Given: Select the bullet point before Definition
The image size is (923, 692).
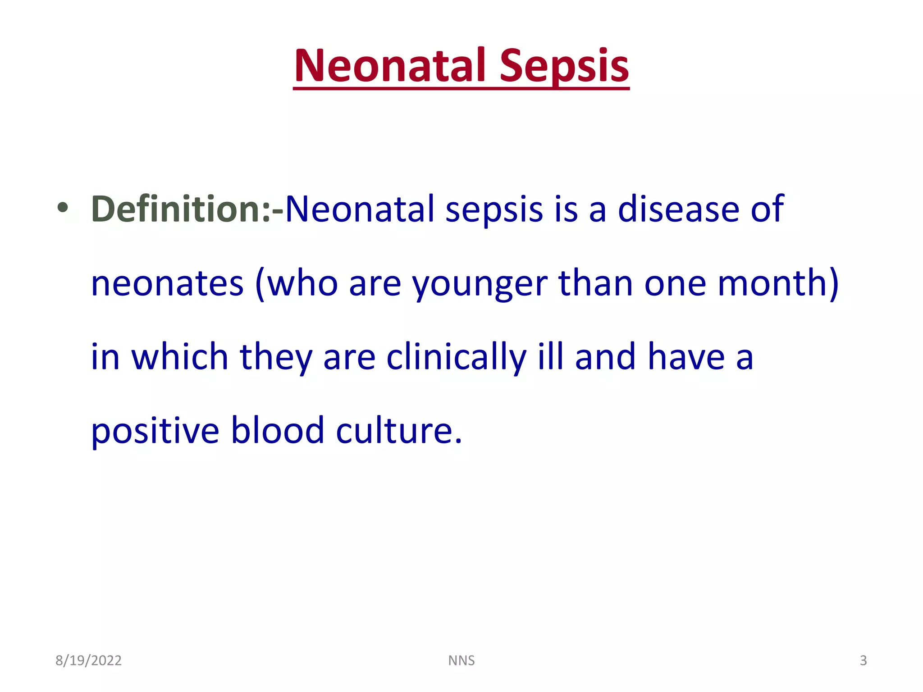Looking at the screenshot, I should (x=63, y=208).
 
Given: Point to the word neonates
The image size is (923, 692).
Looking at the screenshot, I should (x=167, y=284).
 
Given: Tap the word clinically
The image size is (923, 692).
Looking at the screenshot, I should (x=456, y=358).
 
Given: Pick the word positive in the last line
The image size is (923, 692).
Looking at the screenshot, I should (x=155, y=432).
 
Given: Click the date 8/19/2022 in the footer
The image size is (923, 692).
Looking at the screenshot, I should (x=88, y=660).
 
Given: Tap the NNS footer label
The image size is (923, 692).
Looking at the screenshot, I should (x=461, y=660).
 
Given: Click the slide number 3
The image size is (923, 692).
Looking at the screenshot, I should (x=863, y=660).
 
